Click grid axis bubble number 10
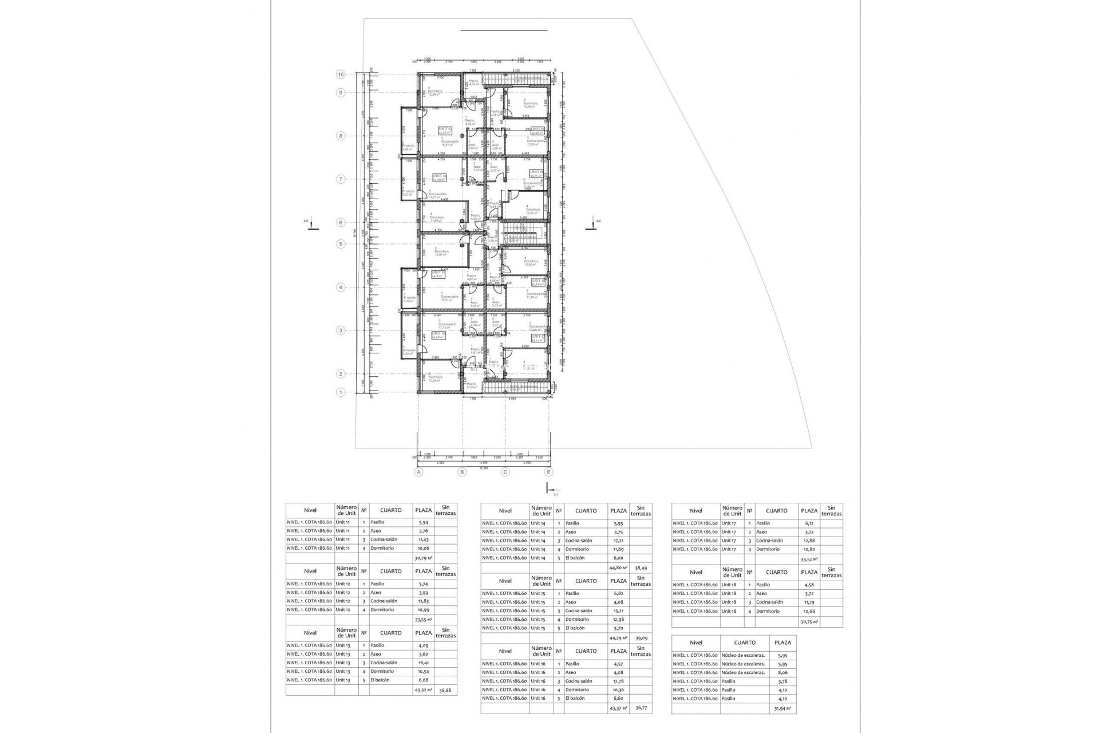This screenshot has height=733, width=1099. (x=341, y=74)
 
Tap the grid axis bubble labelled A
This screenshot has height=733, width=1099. (x=418, y=472)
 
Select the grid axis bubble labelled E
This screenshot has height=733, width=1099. (x=549, y=472)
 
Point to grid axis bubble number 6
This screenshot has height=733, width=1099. (x=341, y=222)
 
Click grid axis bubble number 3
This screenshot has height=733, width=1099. (x=341, y=330)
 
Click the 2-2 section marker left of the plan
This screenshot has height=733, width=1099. (x=309, y=224)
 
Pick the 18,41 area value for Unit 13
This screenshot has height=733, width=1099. (x=423, y=663)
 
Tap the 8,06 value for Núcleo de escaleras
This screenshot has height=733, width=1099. (x=782, y=672)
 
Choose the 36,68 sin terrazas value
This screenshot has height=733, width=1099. (x=445, y=690)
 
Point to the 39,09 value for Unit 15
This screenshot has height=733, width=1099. (x=641, y=638)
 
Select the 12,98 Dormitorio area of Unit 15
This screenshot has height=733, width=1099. (x=618, y=620)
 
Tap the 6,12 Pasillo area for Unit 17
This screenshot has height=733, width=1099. (x=809, y=523)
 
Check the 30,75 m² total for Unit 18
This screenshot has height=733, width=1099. (x=809, y=621)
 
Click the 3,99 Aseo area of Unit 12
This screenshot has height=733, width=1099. (x=423, y=593)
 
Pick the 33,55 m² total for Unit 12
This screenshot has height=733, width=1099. (x=423, y=620)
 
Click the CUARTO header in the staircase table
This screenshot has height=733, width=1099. (x=745, y=643)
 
